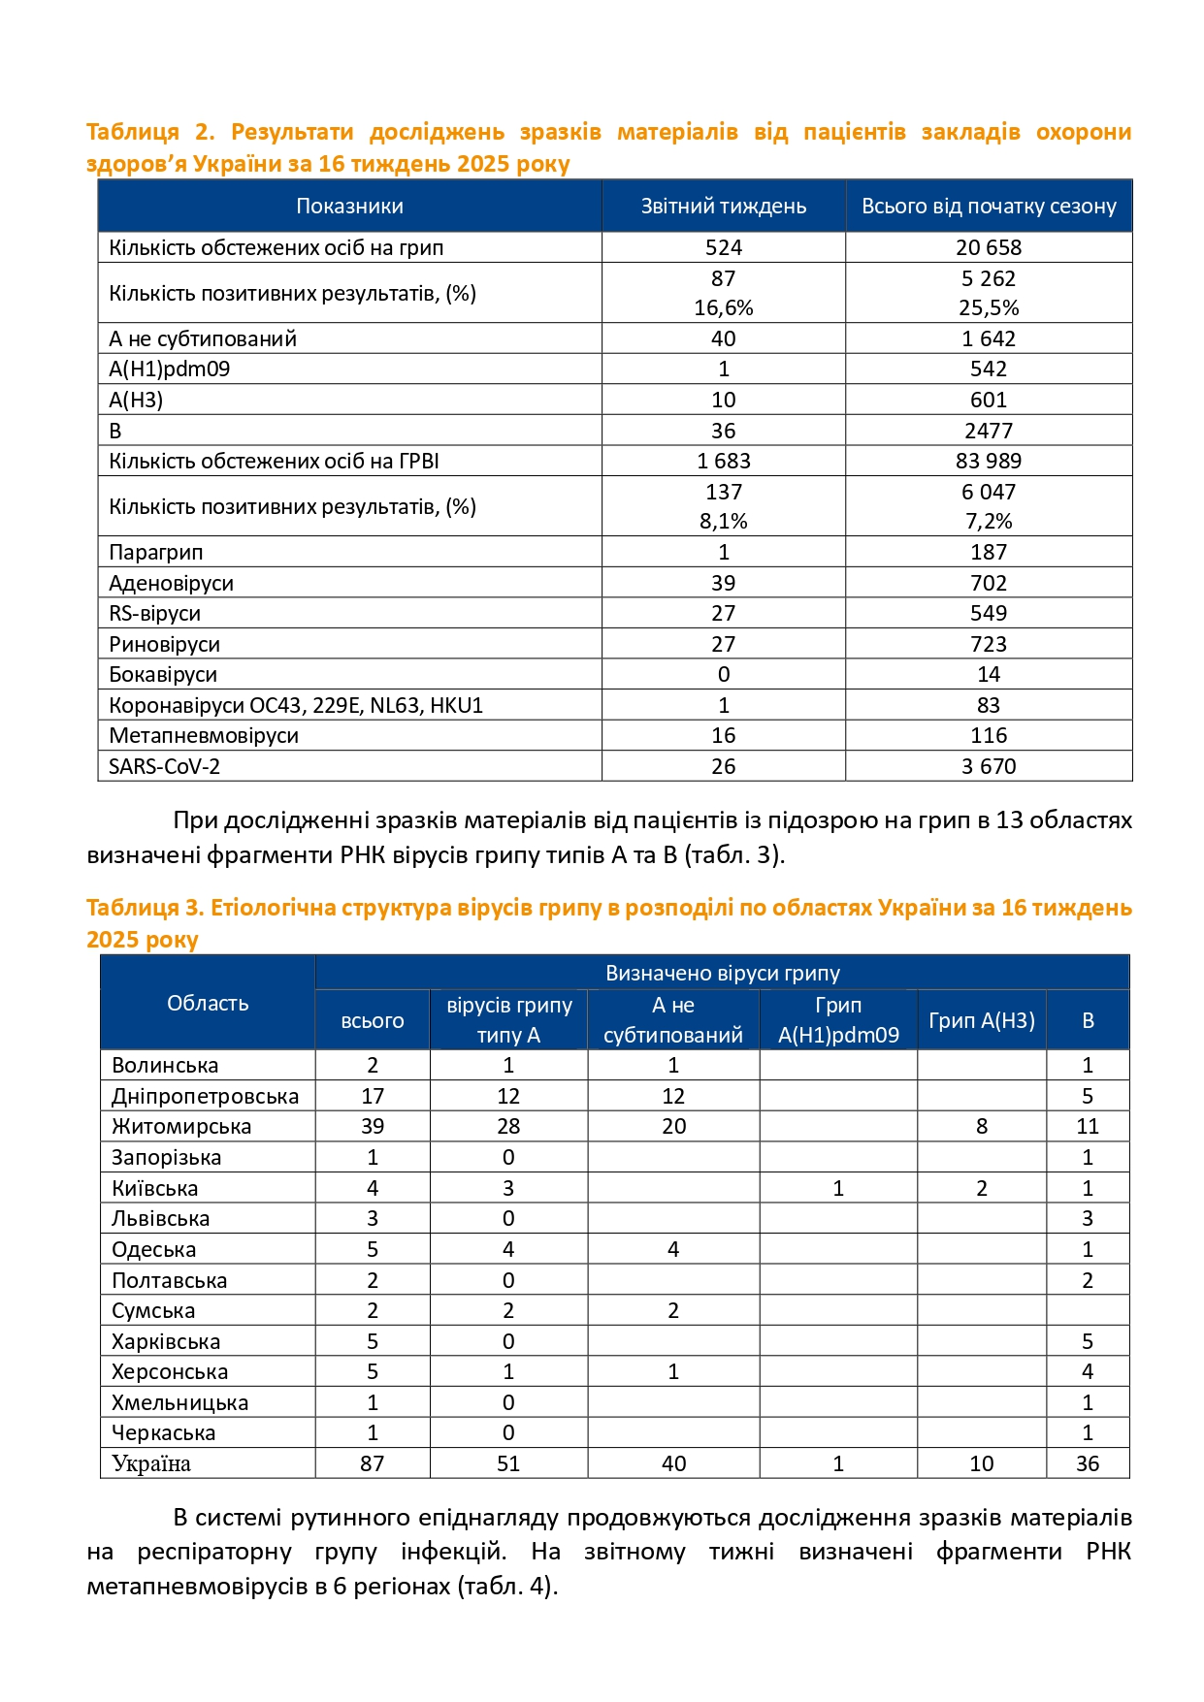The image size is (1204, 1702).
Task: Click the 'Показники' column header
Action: tap(349, 206)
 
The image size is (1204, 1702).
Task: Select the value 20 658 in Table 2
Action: tap(988, 247)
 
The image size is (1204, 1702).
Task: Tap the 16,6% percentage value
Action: tap(723, 307)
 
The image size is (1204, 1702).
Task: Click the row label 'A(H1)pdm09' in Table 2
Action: tap(170, 369)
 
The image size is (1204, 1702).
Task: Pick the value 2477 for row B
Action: tap(988, 431)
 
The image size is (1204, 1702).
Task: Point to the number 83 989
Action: tap(988, 461)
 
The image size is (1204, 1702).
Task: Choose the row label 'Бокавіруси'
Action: tap(163, 674)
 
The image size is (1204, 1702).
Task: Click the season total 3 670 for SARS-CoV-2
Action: tap(988, 766)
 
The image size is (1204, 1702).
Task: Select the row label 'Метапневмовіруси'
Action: tap(204, 735)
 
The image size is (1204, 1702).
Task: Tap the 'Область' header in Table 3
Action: tap(208, 1003)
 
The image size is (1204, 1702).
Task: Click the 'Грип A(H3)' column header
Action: tap(981, 1020)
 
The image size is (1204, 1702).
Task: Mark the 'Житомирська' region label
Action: tap(181, 1126)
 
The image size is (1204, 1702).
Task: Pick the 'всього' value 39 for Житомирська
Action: tap(373, 1126)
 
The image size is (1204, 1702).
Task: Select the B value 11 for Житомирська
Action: tap(1087, 1126)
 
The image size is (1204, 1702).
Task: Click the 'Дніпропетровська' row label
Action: tap(206, 1096)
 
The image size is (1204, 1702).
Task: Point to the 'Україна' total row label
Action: tap(151, 1463)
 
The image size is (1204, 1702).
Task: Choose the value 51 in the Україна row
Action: tap(508, 1463)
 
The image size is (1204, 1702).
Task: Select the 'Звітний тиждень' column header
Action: tap(723, 206)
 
